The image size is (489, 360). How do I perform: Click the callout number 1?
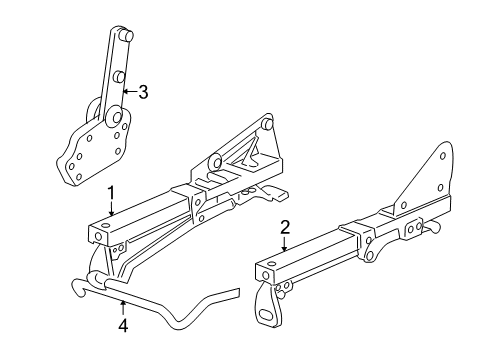112,192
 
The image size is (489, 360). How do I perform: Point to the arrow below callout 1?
112,208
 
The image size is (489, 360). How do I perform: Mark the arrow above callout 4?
123,306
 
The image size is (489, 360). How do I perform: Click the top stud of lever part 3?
123,36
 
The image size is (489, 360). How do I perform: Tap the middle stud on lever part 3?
118,75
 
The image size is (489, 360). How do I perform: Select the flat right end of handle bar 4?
228,294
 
